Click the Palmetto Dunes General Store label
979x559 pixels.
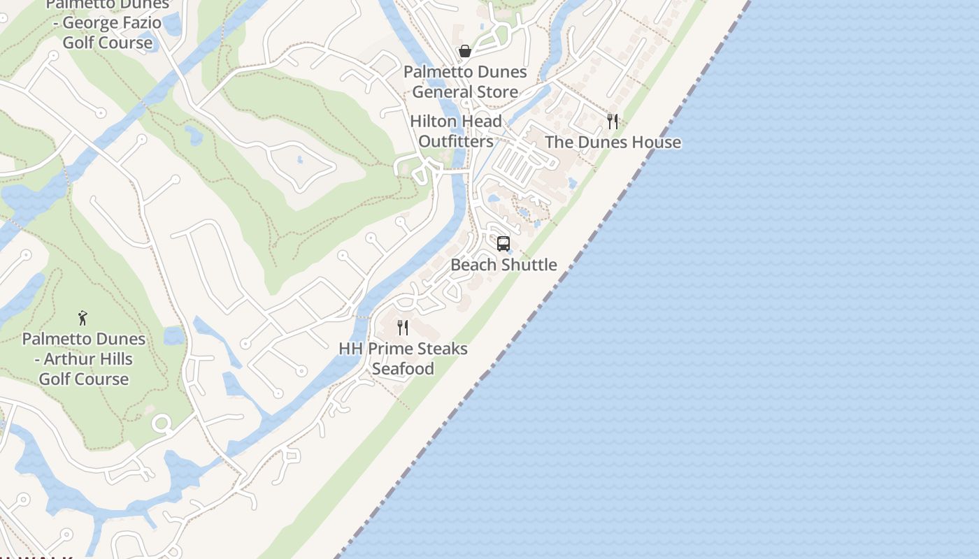coord(465,82)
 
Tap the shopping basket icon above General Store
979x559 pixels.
coord(464,51)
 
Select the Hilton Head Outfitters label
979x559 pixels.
coord(456,131)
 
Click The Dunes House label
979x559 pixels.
coord(613,142)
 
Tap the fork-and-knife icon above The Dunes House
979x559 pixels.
coord(613,122)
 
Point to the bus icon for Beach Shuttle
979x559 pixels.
coord(503,244)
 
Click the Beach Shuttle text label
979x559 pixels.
coord(503,265)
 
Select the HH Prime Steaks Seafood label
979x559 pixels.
coord(403,358)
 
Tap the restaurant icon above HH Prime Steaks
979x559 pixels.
coord(403,328)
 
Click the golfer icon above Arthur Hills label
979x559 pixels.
coord(83,318)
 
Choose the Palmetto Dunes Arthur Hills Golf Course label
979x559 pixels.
coord(84,359)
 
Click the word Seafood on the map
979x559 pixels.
coord(403,369)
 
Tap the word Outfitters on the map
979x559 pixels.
coord(456,141)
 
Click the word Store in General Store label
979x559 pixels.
coord(495,92)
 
